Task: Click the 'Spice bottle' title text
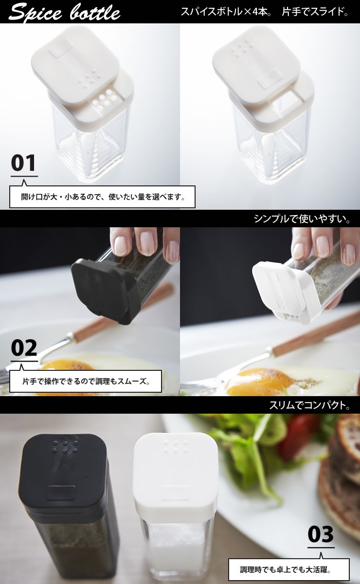click(64, 12)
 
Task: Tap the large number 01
click(23, 163)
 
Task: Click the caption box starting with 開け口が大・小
click(103, 197)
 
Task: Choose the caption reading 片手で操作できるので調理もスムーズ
click(86, 382)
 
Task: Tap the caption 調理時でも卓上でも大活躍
click(289, 569)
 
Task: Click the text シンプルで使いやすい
click(302, 219)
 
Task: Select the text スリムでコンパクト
click(309, 405)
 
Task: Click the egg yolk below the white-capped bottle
click(260, 381)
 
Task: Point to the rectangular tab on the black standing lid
click(60, 492)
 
